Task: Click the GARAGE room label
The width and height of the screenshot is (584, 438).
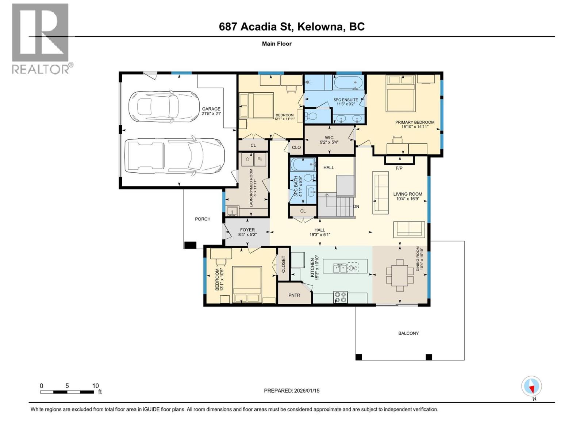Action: pyautogui.click(x=211, y=109)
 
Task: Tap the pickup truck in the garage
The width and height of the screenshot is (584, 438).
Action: pyautogui.click(x=174, y=155)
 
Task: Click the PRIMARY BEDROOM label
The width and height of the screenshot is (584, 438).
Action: pyautogui.click(x=415, y=122)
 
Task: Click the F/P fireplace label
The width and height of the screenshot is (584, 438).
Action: pyautogui.click(x=399, y=168)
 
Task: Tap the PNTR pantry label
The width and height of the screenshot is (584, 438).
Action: pyautogui.click(x=294, y=295)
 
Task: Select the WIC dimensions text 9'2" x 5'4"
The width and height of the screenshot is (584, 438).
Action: pyautogui.click(x=329, y=142)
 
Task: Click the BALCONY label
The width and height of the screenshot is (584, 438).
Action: pyautogui.click(x=408, y=333)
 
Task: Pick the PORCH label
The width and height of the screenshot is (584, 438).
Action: pyautogui.click(x=203, y=219)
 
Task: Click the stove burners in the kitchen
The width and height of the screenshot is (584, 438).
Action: pyautogui.click(x=341, y=297)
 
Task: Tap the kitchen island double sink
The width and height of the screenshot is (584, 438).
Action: pyautogui.click(x=340, y=268)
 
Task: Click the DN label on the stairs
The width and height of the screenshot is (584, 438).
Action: pyautogui.click(x=356, y=207)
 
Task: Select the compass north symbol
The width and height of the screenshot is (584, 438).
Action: pyautogui.click(x=531, y=386)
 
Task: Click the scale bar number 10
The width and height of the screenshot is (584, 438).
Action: pyautogui.click(x=95, y=386)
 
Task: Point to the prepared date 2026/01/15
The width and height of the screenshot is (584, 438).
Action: pyautogui.click(x=307, y=391)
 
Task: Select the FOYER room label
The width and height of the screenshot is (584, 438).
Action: pyautogui.click(x=247, y=230)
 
